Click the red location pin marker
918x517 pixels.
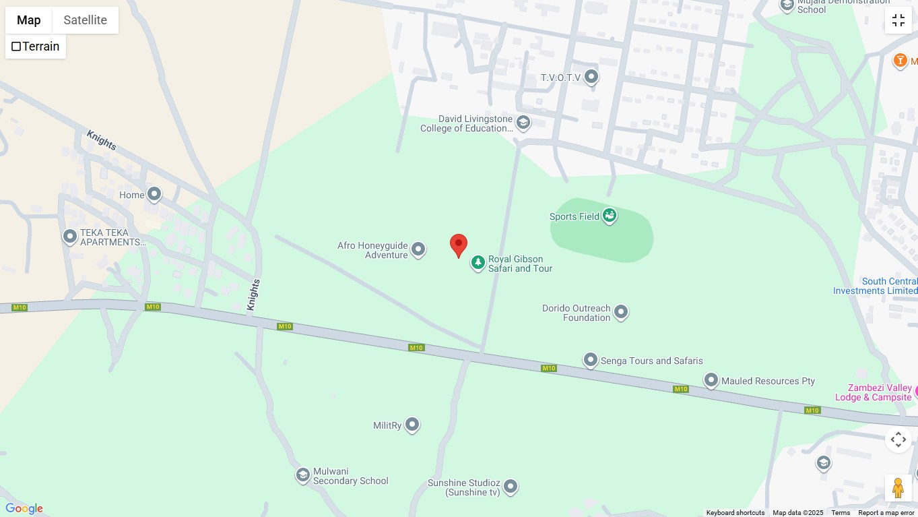(459, 245)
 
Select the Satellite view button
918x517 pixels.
(85, 20)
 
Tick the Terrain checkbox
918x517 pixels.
(16, 47)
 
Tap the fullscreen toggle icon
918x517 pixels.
(898, 20)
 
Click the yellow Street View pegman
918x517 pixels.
(898, 487)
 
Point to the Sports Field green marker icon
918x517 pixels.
(610, 216)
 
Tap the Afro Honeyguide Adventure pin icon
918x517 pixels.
(418, 250)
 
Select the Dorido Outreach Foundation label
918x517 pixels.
(576, 313)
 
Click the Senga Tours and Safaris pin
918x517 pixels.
(591, 361)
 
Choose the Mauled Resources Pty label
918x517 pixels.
(768, 381)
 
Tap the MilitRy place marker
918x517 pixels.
(412, 425)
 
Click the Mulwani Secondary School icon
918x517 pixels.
(303, 475)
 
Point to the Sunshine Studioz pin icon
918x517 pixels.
(511, 486)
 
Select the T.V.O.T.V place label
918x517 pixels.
(560, 78)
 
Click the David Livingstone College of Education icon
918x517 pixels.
(523, 123)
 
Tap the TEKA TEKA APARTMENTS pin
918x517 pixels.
(70, 237)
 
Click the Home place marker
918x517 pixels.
(154, 195)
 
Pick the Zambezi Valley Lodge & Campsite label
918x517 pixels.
(873, 392)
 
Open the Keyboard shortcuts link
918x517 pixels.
(735, 513)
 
